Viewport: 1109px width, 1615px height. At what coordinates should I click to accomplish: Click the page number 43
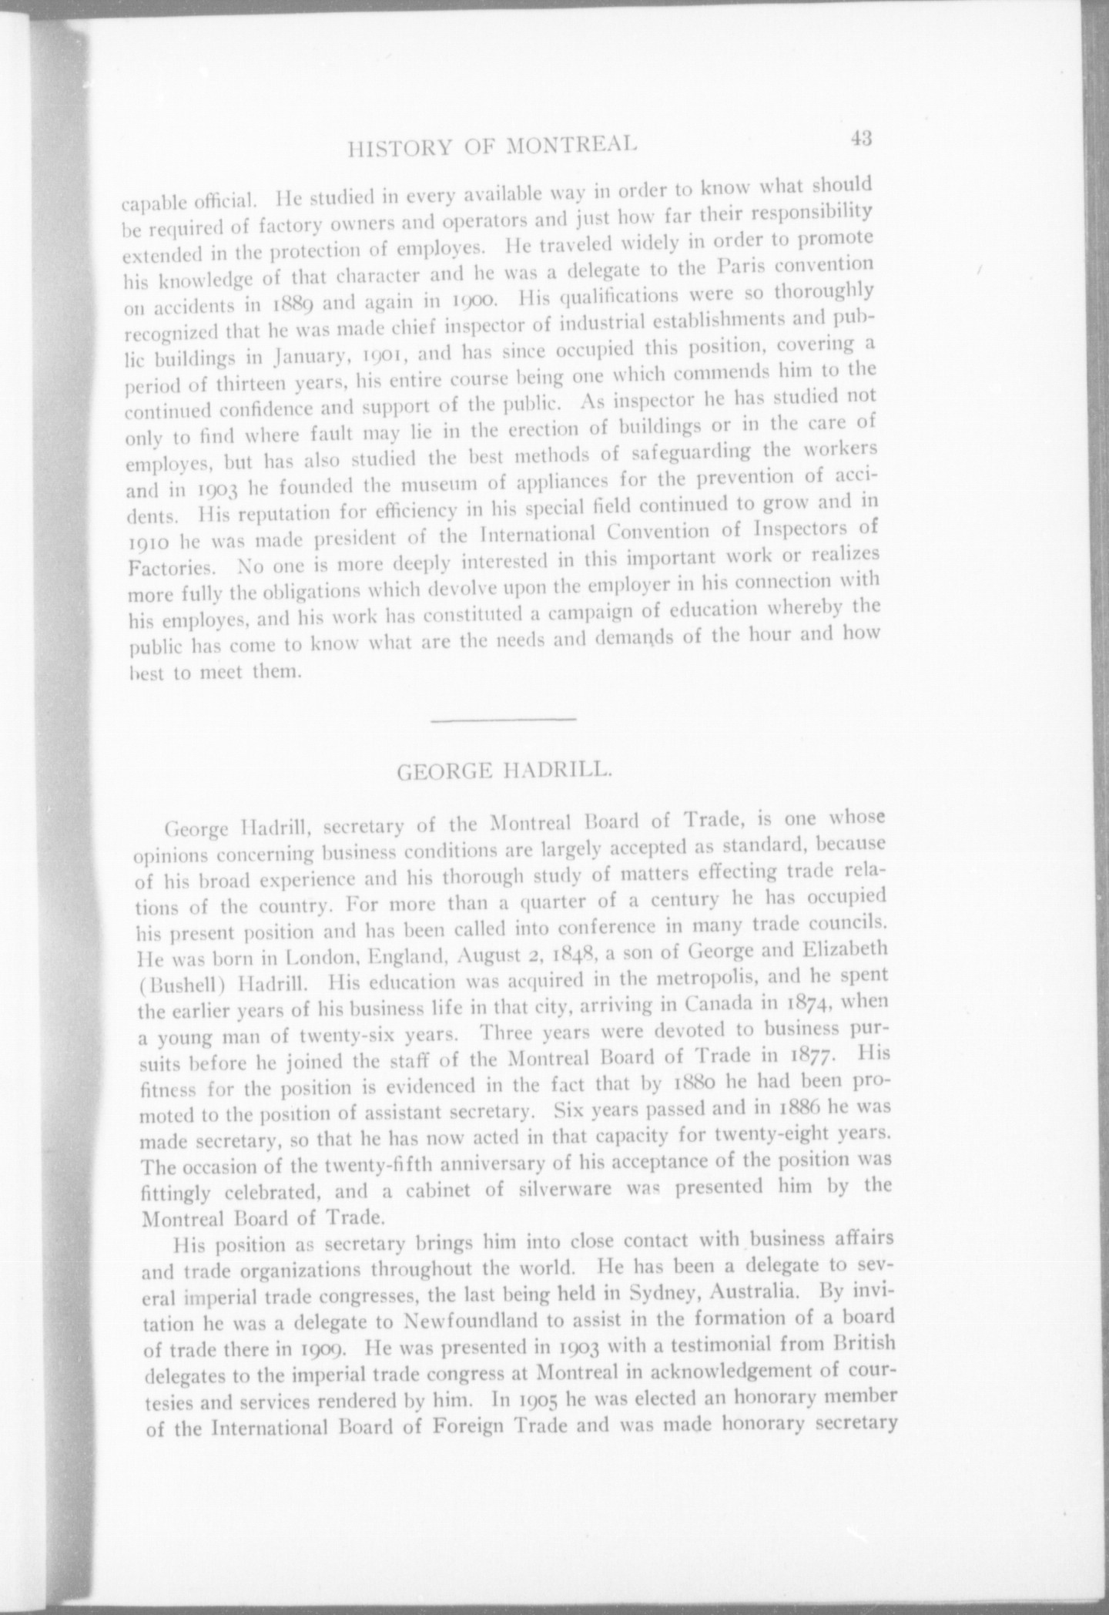point(861,139)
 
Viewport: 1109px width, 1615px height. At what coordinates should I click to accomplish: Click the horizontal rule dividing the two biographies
point(504,720)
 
